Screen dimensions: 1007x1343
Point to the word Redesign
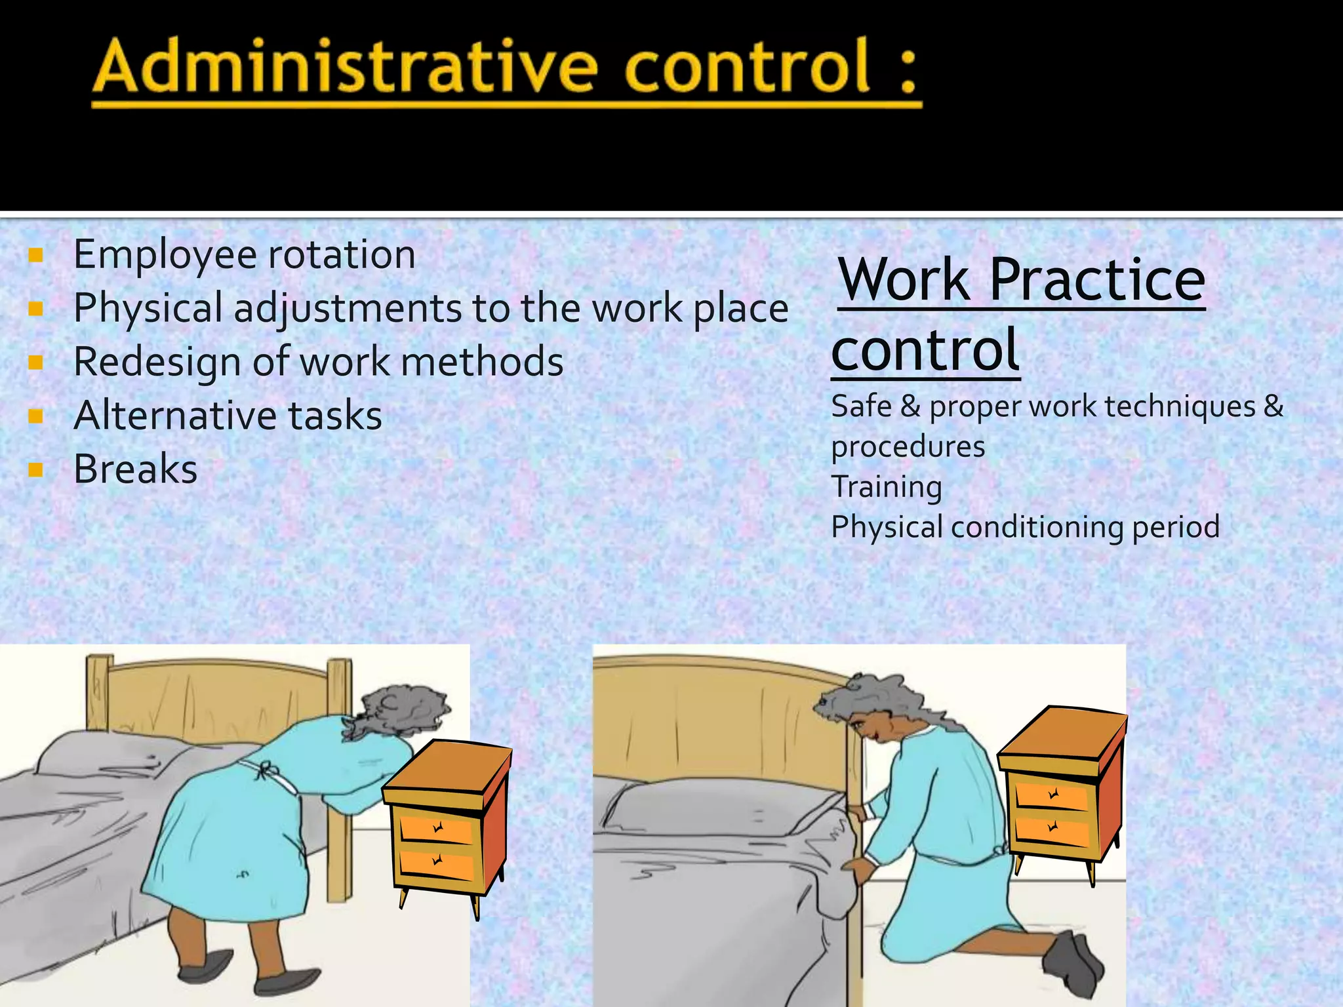(157, 363)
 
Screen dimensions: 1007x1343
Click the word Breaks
(136, 469)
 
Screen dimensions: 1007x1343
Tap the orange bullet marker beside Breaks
(36, 469)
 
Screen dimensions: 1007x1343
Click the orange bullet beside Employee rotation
(36, 255)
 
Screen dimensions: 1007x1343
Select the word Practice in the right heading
(1097, 280)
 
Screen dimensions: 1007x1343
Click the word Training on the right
(887, 487)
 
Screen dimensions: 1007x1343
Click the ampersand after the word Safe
(910, 406)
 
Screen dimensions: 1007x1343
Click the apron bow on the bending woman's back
(263, 770)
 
